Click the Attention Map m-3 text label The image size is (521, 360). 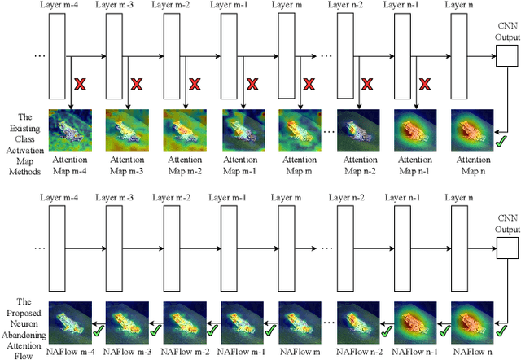[128, 166]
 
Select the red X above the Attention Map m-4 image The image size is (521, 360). [80, 83]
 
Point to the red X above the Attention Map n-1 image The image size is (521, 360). [425, 83]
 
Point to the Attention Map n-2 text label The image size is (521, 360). [357, 166]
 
